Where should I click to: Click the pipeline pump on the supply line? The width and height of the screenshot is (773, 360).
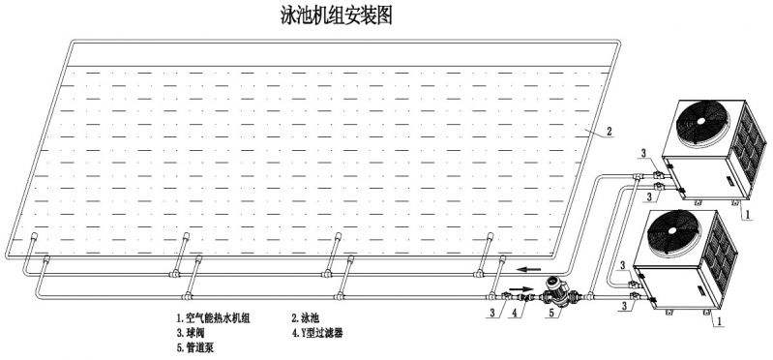pyautogui.click(x=556, y=288)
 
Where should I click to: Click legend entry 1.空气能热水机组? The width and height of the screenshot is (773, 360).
pyautogui.click(x=213, y=317)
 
